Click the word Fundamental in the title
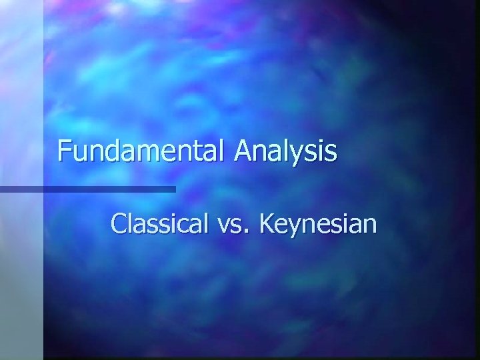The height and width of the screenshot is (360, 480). (142, 151)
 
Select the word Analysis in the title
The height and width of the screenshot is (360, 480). (285, 151)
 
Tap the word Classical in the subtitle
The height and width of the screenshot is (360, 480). (159, 224)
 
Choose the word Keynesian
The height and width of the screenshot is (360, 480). (318, 225)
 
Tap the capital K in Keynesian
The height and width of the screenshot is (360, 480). (267, 224)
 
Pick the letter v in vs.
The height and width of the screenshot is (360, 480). (224, 227)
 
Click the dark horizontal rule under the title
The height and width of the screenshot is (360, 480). (87, 189)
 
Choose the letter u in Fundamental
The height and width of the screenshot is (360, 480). (79, 153)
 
